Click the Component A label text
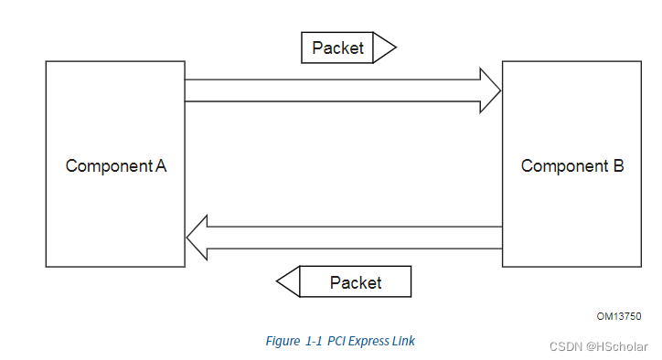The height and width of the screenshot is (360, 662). point(115,166)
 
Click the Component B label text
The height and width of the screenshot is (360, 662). point(572,166)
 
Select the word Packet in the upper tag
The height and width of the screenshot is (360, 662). point(337,48)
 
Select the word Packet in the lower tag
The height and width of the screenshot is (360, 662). point(356,282)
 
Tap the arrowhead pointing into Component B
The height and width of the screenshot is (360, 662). point(491,90)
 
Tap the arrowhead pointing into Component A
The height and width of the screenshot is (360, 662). point(197,238)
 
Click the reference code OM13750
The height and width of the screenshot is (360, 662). point(619,316)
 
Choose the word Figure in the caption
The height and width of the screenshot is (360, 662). point(282,341)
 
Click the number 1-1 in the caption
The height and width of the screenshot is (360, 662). point(314,341)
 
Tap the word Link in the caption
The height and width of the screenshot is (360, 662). point(404,341)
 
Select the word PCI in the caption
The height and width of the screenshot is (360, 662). point(337,341)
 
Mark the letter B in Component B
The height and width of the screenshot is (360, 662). point(618,166)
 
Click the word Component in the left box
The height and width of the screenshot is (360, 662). point(108,166)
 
